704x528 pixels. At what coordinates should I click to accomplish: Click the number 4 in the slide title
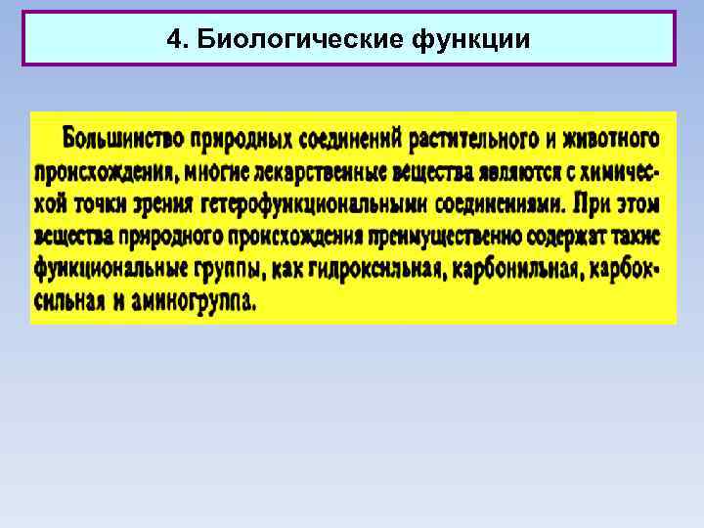[173, 39]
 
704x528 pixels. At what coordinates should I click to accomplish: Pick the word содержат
[561, 236]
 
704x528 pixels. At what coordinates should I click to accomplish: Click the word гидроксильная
[371, 268]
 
